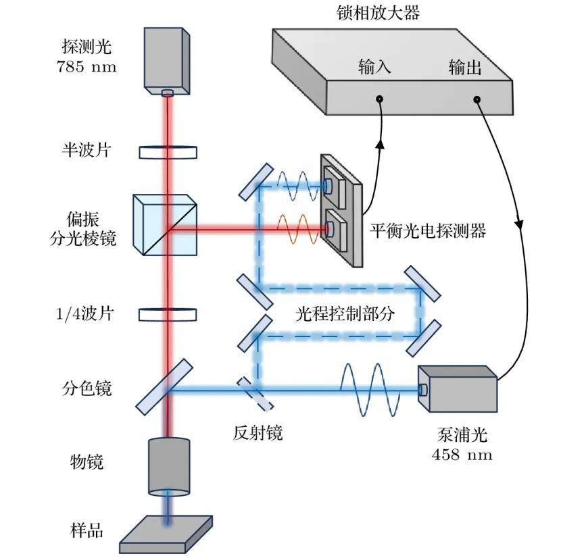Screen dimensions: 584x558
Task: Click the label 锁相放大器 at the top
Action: tap(378, 12)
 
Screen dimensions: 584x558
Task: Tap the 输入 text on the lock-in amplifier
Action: tap(374, 66)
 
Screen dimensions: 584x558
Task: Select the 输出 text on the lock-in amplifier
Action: tap(465, 67)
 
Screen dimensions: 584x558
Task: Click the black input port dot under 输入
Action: tap(379, 99)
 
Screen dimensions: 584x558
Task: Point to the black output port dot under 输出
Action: tap(477, 99)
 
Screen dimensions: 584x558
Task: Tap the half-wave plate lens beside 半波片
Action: tap(168, 152)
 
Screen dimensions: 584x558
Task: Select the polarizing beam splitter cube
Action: tap(165, 224)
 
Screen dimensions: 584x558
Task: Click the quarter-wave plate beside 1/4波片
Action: tap(168, 315)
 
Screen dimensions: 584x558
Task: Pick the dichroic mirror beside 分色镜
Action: tap(164, 387)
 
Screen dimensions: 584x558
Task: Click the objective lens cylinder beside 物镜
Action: tap(169, 466)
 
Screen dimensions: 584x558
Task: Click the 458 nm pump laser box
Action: tap(458, 389)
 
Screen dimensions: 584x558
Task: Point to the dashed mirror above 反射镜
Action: tap(255, 393)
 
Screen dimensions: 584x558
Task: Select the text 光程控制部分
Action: tap(345, 314)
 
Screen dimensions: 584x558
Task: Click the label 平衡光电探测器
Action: tap(428, 230)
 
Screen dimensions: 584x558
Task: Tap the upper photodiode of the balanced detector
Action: tap(334, 187)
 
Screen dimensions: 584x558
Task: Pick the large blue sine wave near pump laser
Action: tap(370, 390)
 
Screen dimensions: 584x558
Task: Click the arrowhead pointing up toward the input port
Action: tap(380, 144)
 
